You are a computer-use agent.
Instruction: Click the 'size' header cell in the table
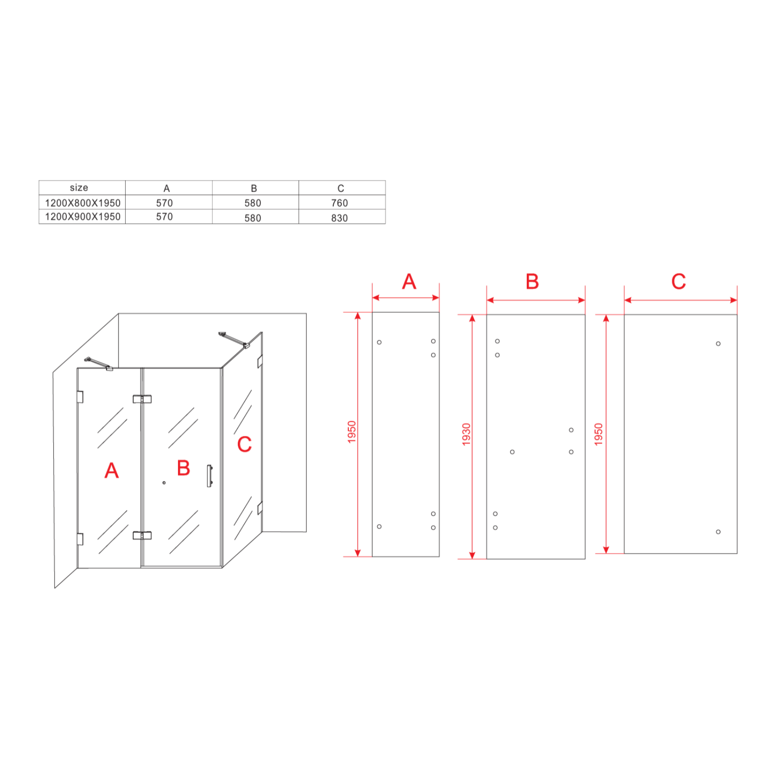[x=79, y=187]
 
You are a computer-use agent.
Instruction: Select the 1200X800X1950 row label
[x=83, y=203]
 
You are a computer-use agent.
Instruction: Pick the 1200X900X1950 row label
[x=83, y=217]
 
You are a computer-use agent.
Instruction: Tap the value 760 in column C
[x=339, y=203]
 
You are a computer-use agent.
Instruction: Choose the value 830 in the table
[x=339, y=218]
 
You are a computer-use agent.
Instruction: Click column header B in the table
[x=254, y=188]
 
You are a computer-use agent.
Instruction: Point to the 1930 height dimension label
[x=466, y=434]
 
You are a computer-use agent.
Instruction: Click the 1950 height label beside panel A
[x=352, y=432]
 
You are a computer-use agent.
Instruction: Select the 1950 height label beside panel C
[x=598, y=434]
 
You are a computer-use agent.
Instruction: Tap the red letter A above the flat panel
[x=409, y=281]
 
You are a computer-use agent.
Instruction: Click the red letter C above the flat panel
[x=678, y=281]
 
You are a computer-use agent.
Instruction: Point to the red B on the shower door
[x=184, y=468]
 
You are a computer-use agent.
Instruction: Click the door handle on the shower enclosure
[x=209, y=476]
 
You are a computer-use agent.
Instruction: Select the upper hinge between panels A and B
[x=142, y=399]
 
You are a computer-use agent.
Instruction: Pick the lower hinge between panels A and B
[x=142, y=535]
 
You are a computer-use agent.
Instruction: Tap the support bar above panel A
[x=98, y=363]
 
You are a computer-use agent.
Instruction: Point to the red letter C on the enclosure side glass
[x=244, y=444]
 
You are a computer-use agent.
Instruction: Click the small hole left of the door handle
[x=164, y=482]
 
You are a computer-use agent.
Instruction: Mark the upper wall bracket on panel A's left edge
[x=80, y=397]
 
